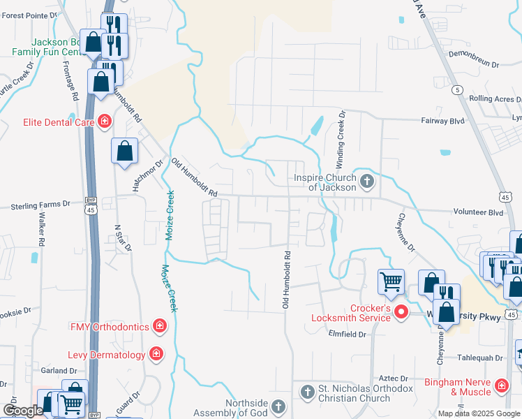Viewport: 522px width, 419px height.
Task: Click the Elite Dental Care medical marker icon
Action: [105, 122]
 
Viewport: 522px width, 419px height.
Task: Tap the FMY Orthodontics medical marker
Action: [160, 326]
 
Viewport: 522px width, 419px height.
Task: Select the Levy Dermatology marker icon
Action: [156, 354]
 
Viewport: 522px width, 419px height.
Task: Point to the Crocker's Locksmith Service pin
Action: [401, 312]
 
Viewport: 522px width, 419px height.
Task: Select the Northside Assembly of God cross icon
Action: [278, 406]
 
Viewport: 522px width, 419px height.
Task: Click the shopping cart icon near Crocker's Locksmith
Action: [391, 281]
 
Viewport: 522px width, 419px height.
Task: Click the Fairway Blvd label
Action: [442, 121]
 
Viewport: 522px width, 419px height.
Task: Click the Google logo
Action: [23, 411]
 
